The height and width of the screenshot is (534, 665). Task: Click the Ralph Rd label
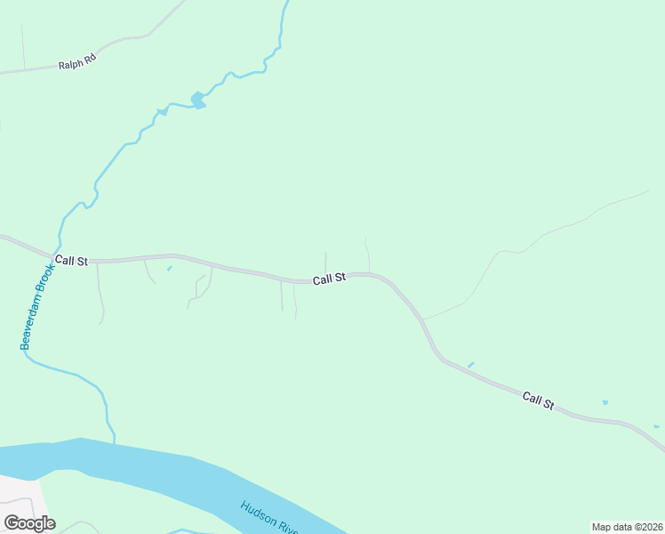pos(76,65)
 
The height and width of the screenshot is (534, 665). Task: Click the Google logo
pos(29,523)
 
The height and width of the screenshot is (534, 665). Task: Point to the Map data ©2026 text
pos(626,527)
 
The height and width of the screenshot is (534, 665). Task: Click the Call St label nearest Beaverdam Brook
pos(71,261)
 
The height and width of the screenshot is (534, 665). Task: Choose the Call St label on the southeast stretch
pos(538,400)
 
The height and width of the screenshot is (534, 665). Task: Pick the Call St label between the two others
pos(329,279)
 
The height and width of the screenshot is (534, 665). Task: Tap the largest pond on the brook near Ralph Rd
pos(197,101)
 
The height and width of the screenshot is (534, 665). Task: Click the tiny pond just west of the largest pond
pos(161,112)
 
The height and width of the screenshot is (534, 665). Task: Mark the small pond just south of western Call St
pos(169,269)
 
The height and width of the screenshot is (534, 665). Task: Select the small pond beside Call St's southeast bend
pos(470,364)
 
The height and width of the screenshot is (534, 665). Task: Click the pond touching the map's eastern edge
pos(656,426)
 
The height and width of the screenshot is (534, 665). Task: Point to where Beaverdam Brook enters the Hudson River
pos(114,441)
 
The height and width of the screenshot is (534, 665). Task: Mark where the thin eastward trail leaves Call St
pos(423,319)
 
